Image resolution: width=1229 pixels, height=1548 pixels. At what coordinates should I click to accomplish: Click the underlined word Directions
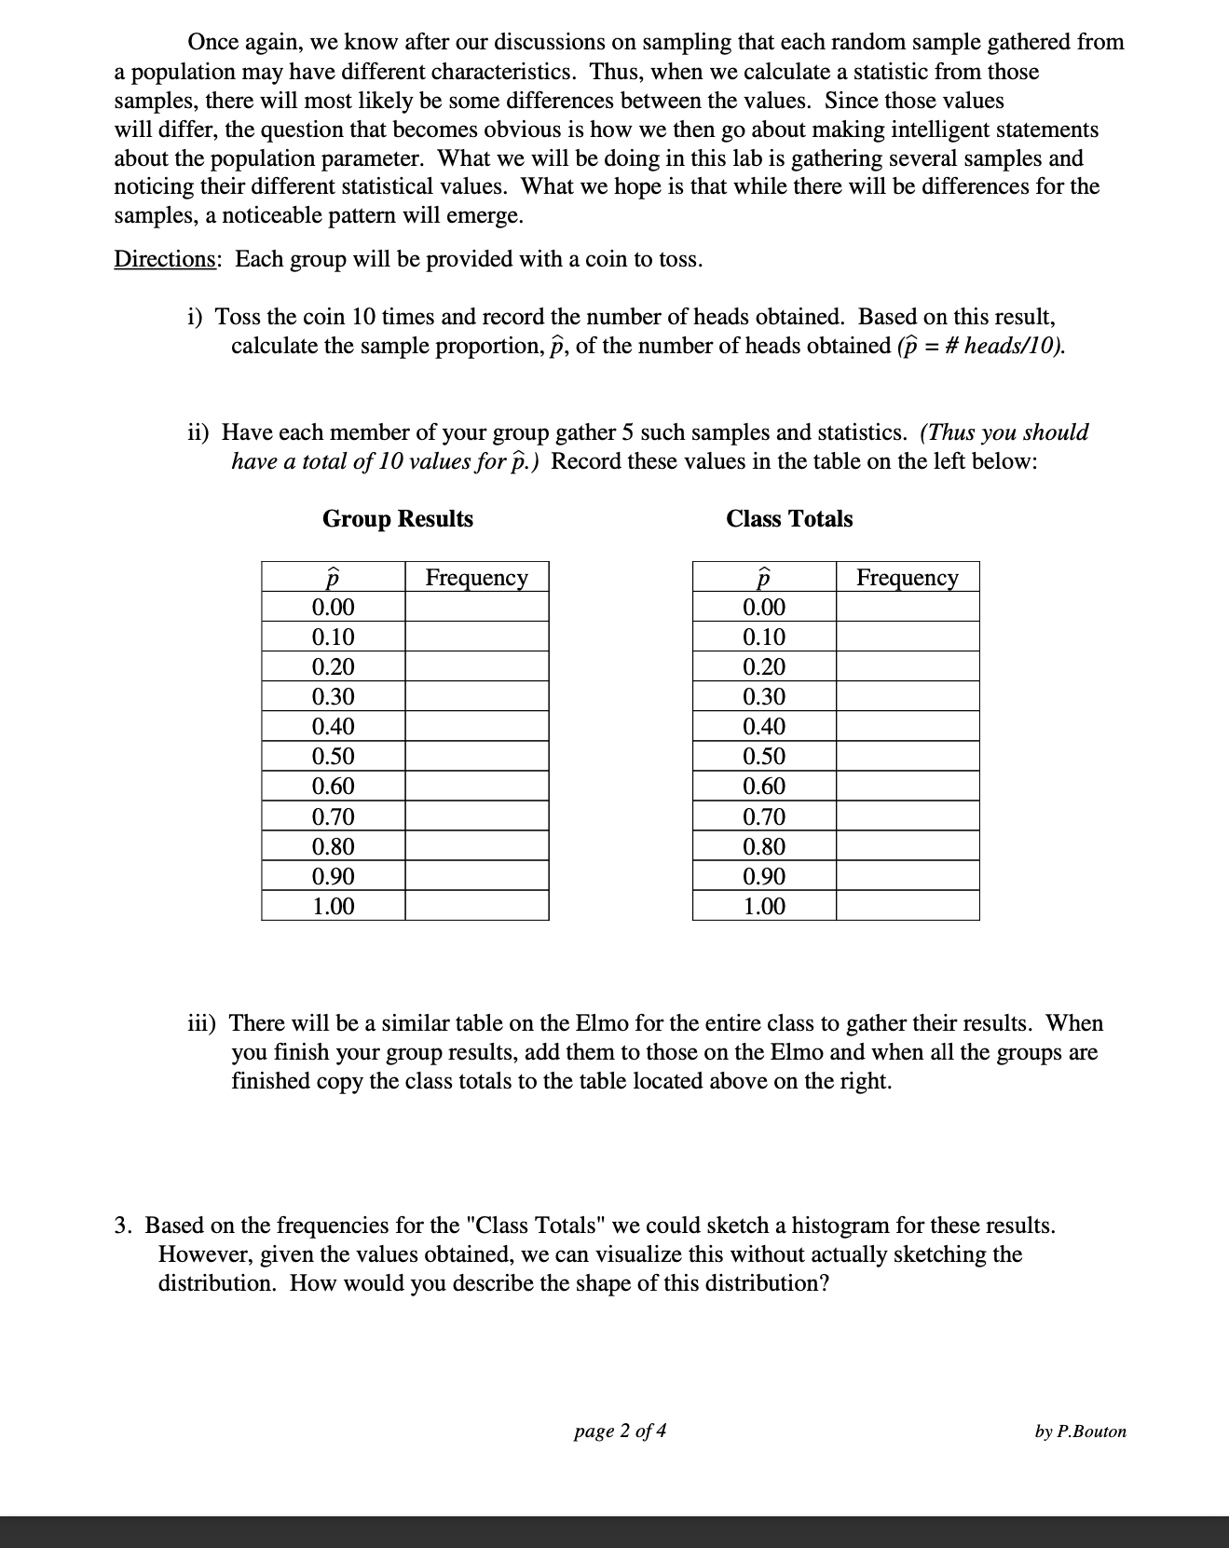165,259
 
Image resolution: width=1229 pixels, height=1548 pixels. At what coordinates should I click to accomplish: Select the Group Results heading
398,519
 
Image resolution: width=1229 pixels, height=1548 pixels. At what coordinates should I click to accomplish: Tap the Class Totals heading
789,519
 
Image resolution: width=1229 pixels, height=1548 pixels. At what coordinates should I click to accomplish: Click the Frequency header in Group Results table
476,578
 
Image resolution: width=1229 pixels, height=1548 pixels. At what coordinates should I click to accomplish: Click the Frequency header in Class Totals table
907,578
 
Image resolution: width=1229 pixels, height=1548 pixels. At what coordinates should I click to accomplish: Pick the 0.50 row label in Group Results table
333,756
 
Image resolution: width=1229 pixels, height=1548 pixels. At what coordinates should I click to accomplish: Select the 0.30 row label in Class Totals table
763,696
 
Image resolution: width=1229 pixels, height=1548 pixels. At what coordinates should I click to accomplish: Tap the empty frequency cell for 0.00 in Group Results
476,608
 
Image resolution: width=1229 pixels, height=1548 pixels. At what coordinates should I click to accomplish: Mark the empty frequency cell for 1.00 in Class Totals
907,906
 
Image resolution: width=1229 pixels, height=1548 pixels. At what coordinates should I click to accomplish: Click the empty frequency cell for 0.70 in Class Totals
907,816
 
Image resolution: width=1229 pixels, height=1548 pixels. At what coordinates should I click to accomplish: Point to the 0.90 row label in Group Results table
333,876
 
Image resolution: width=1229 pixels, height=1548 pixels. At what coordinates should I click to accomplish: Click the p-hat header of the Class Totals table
763,578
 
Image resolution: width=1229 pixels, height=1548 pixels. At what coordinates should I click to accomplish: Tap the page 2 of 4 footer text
620,1431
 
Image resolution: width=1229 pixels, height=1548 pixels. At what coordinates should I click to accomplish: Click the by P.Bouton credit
1080,1432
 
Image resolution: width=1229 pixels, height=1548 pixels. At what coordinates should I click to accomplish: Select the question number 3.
122,1225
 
